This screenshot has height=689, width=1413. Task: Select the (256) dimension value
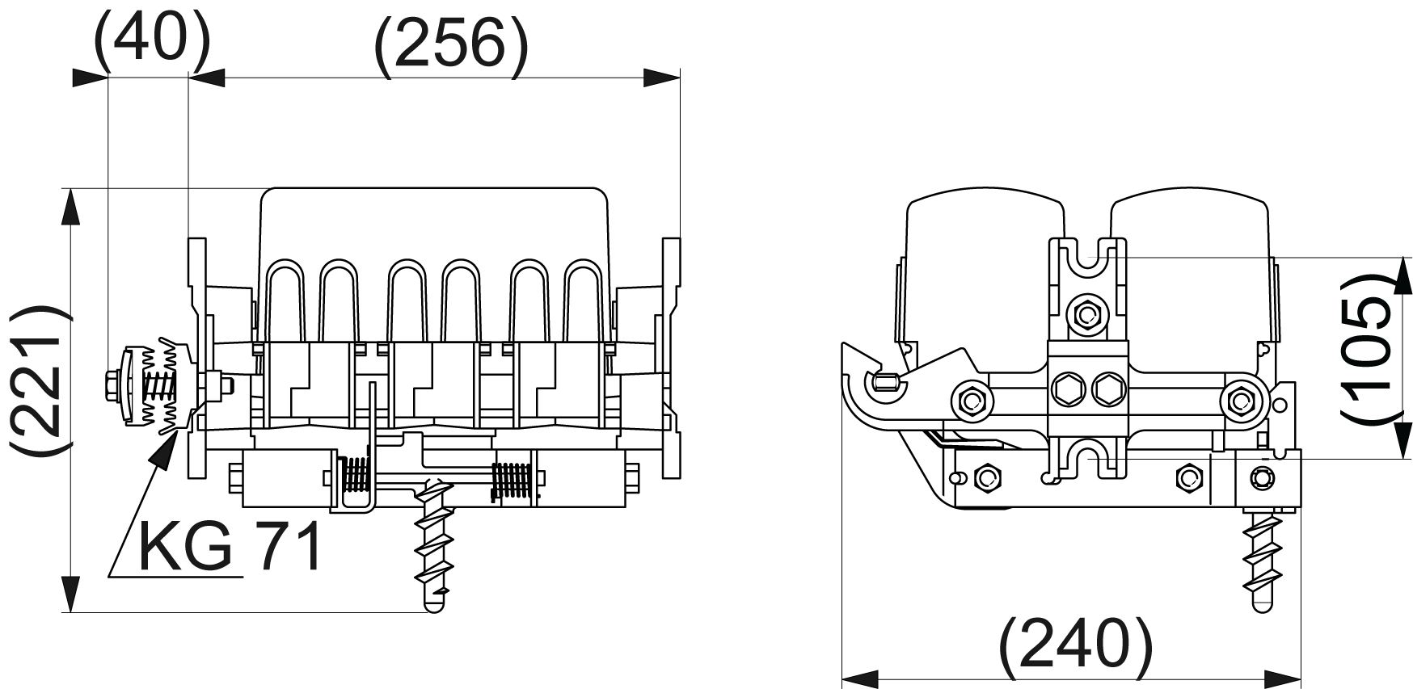pos(451,47)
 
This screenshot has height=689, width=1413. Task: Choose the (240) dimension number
pos(1074,647)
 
